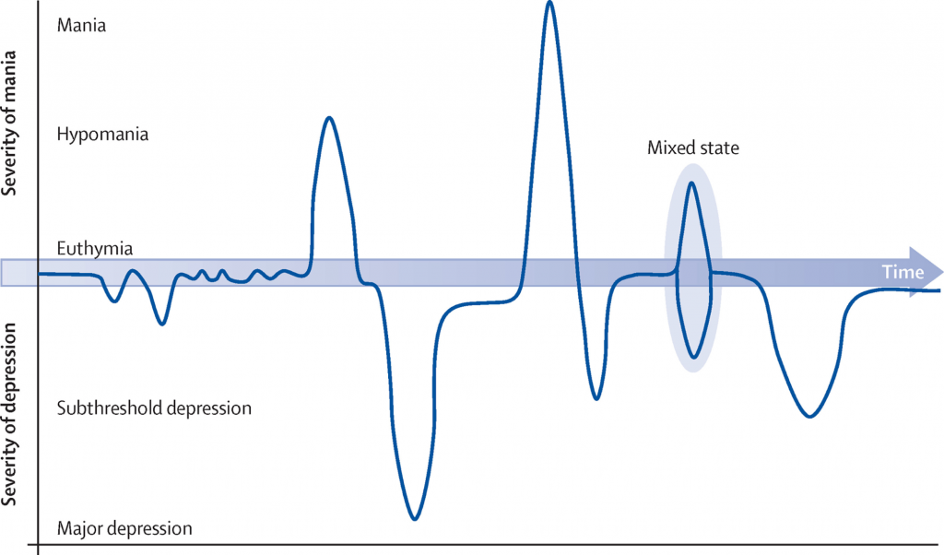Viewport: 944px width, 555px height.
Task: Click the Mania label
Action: point(81,25)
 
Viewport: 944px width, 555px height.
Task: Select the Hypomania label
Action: point(102,135)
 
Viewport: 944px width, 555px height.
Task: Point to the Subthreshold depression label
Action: point(154,407)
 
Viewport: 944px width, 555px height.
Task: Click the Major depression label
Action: point(124,529)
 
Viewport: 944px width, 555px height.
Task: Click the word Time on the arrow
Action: point(903,272)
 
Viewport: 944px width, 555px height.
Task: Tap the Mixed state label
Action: point(692,148)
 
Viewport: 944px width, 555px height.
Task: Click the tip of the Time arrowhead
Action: point(942,273)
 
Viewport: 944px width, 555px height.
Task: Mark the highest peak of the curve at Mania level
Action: point(549,3)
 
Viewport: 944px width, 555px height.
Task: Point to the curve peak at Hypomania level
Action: point(328,118)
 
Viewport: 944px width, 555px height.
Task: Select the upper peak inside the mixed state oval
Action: point(691,183)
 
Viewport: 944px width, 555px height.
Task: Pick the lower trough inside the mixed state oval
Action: point(694,357)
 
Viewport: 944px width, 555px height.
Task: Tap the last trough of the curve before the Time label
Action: point(809,417)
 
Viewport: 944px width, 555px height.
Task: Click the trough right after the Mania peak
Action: point(597,398)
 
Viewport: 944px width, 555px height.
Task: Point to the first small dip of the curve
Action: point(114,301)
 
